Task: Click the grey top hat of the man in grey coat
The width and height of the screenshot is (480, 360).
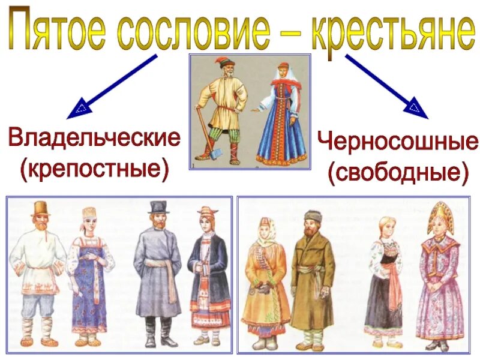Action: (158, 207)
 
